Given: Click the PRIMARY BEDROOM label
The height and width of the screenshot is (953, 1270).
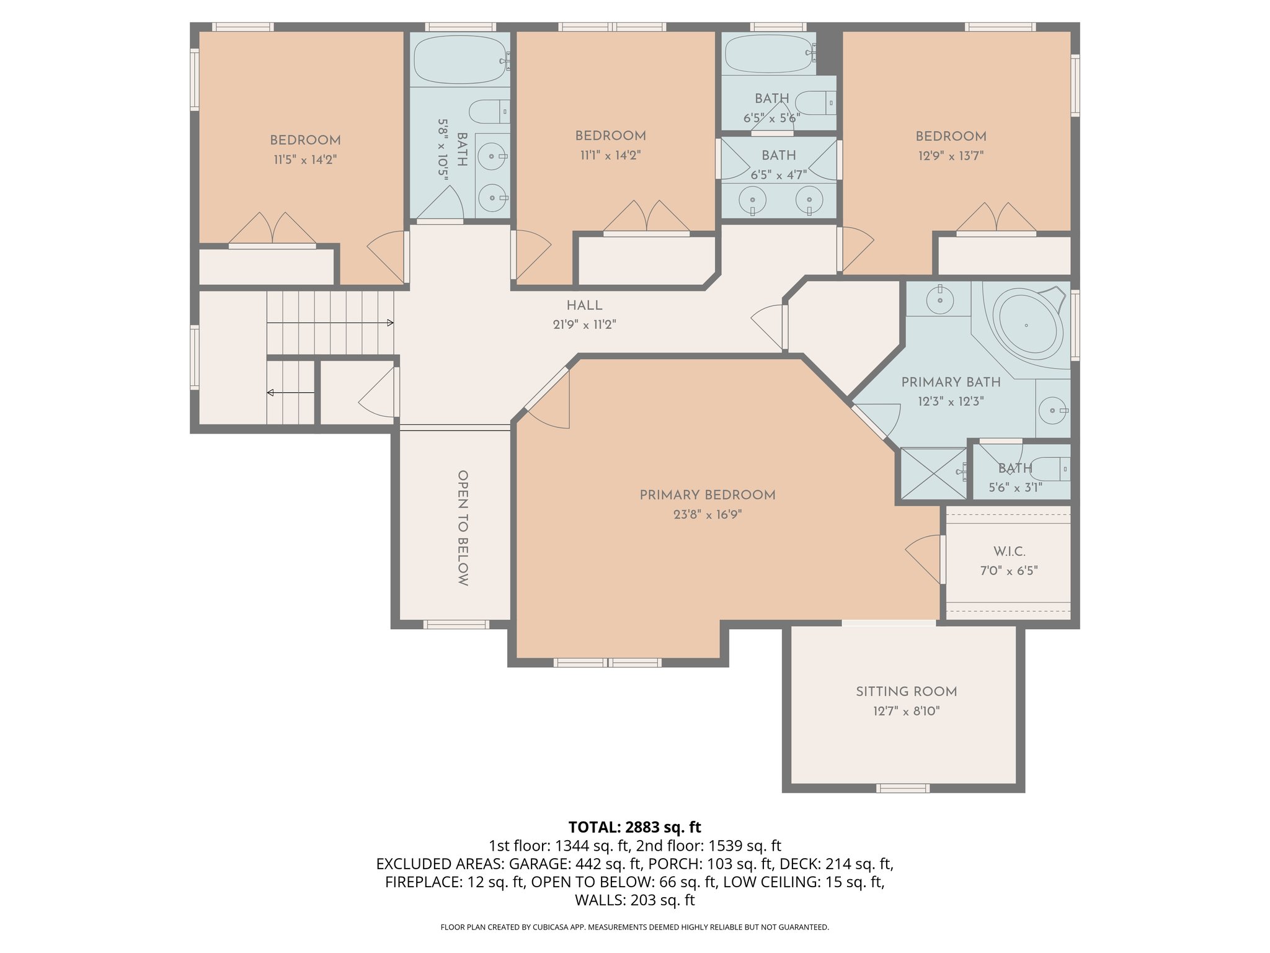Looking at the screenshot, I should point(707,495).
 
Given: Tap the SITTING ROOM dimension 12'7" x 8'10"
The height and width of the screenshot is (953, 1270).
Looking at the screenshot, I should point(906,711).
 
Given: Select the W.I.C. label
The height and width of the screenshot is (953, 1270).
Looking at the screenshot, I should point(1009,552).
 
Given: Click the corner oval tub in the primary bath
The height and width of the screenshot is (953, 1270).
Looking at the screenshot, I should point(1026,325).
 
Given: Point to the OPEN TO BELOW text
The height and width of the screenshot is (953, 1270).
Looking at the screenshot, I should point(463,527).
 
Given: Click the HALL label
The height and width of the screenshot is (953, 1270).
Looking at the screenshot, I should point(584,305).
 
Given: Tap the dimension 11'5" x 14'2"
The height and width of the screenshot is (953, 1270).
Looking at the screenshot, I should point(305,160).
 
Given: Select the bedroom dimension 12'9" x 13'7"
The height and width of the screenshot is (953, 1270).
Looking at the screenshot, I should point(951,156).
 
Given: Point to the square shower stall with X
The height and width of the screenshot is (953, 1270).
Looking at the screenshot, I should point(933,473).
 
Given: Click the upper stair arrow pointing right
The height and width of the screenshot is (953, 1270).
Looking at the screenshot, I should point(389,323).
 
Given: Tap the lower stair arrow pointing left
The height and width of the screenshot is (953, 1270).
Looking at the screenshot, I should point(271,392).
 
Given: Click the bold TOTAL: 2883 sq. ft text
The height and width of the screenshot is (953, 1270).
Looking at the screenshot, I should point(634,827).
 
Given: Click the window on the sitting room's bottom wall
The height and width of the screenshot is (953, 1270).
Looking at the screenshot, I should point(903,788).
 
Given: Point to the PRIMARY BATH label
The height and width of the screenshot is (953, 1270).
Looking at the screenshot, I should point(951,382).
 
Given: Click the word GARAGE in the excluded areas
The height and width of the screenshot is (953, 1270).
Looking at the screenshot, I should point(538,864).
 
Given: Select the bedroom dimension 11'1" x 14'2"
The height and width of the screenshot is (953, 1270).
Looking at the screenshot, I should point(610,155).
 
